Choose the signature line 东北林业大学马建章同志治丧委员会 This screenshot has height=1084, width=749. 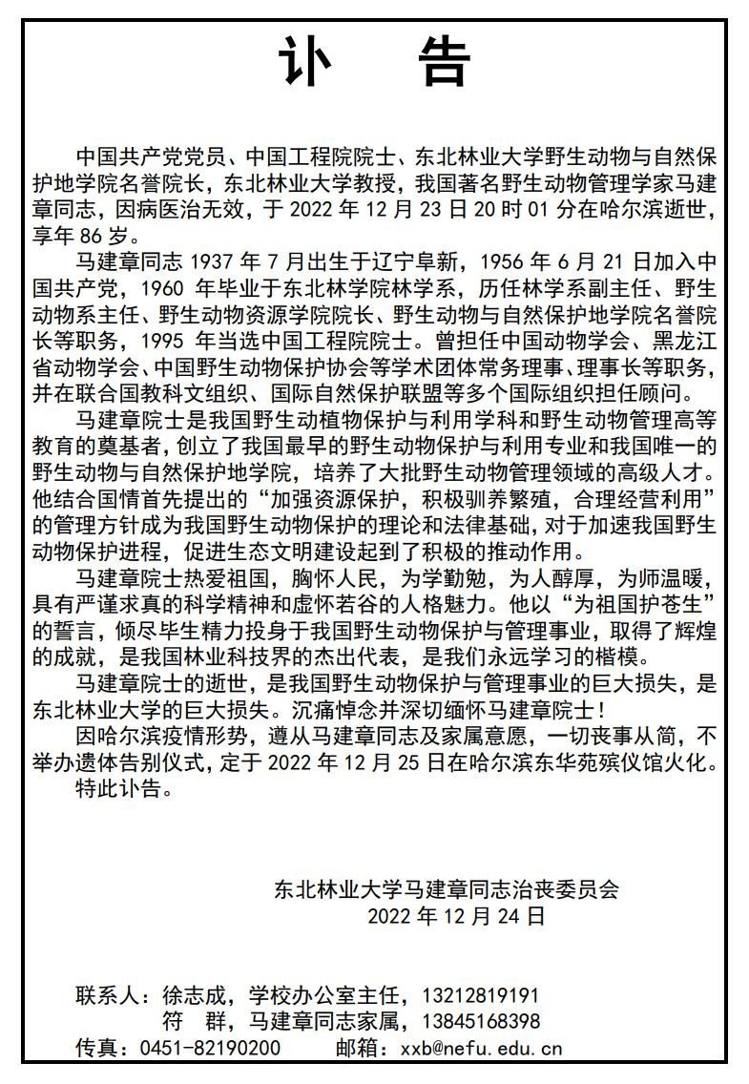[x=447, y=889]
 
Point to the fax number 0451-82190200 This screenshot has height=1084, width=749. [x=210, y=1048]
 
